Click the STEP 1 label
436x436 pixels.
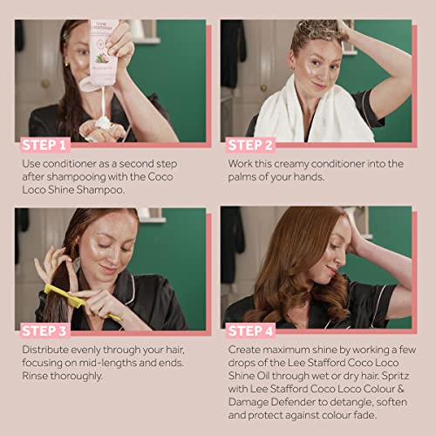pos(44,145)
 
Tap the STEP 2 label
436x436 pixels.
pos(250,145)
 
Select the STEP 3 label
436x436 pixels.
pos(44,331)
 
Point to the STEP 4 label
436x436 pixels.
pos(250,331)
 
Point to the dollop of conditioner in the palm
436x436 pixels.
pos(103,123)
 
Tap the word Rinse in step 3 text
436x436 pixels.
pos(35,376)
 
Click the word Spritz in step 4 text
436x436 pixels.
pos(395,376)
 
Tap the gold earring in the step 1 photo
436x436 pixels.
pos(66,64)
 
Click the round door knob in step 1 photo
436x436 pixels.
pos(45,84)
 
